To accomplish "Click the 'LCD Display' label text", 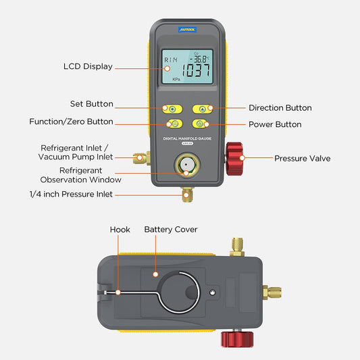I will coord(88,67).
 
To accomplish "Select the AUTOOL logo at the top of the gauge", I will coord(187,30).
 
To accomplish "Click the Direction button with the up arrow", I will coord(201,108).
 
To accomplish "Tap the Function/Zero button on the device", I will coord(173,124).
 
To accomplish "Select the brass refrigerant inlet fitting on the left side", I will coord(140,159).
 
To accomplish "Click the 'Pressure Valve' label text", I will coord(302,159).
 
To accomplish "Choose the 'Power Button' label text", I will coord(275,124).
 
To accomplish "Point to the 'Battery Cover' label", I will coord(171,230).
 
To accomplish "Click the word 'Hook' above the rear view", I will coord(120,230).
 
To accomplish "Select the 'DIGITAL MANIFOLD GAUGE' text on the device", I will coord(187,138).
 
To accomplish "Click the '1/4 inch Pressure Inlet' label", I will coord(70,195).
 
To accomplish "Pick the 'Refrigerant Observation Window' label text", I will coord(80,176).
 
